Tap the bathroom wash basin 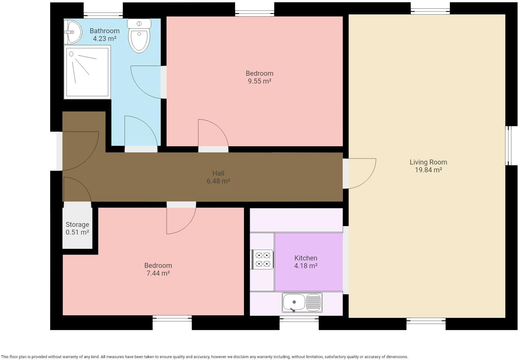coord(73,32)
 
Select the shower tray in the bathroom coord(87,72)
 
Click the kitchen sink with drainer coord(302,303)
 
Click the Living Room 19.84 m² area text coord(428,170)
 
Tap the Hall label coord(218,173)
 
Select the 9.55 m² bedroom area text coord(259,81)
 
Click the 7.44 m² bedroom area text coord(158,273)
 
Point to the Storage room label coord(77,224)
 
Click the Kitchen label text coord(306,258)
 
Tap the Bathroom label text coord(105,31)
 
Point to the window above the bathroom coord(103,16)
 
